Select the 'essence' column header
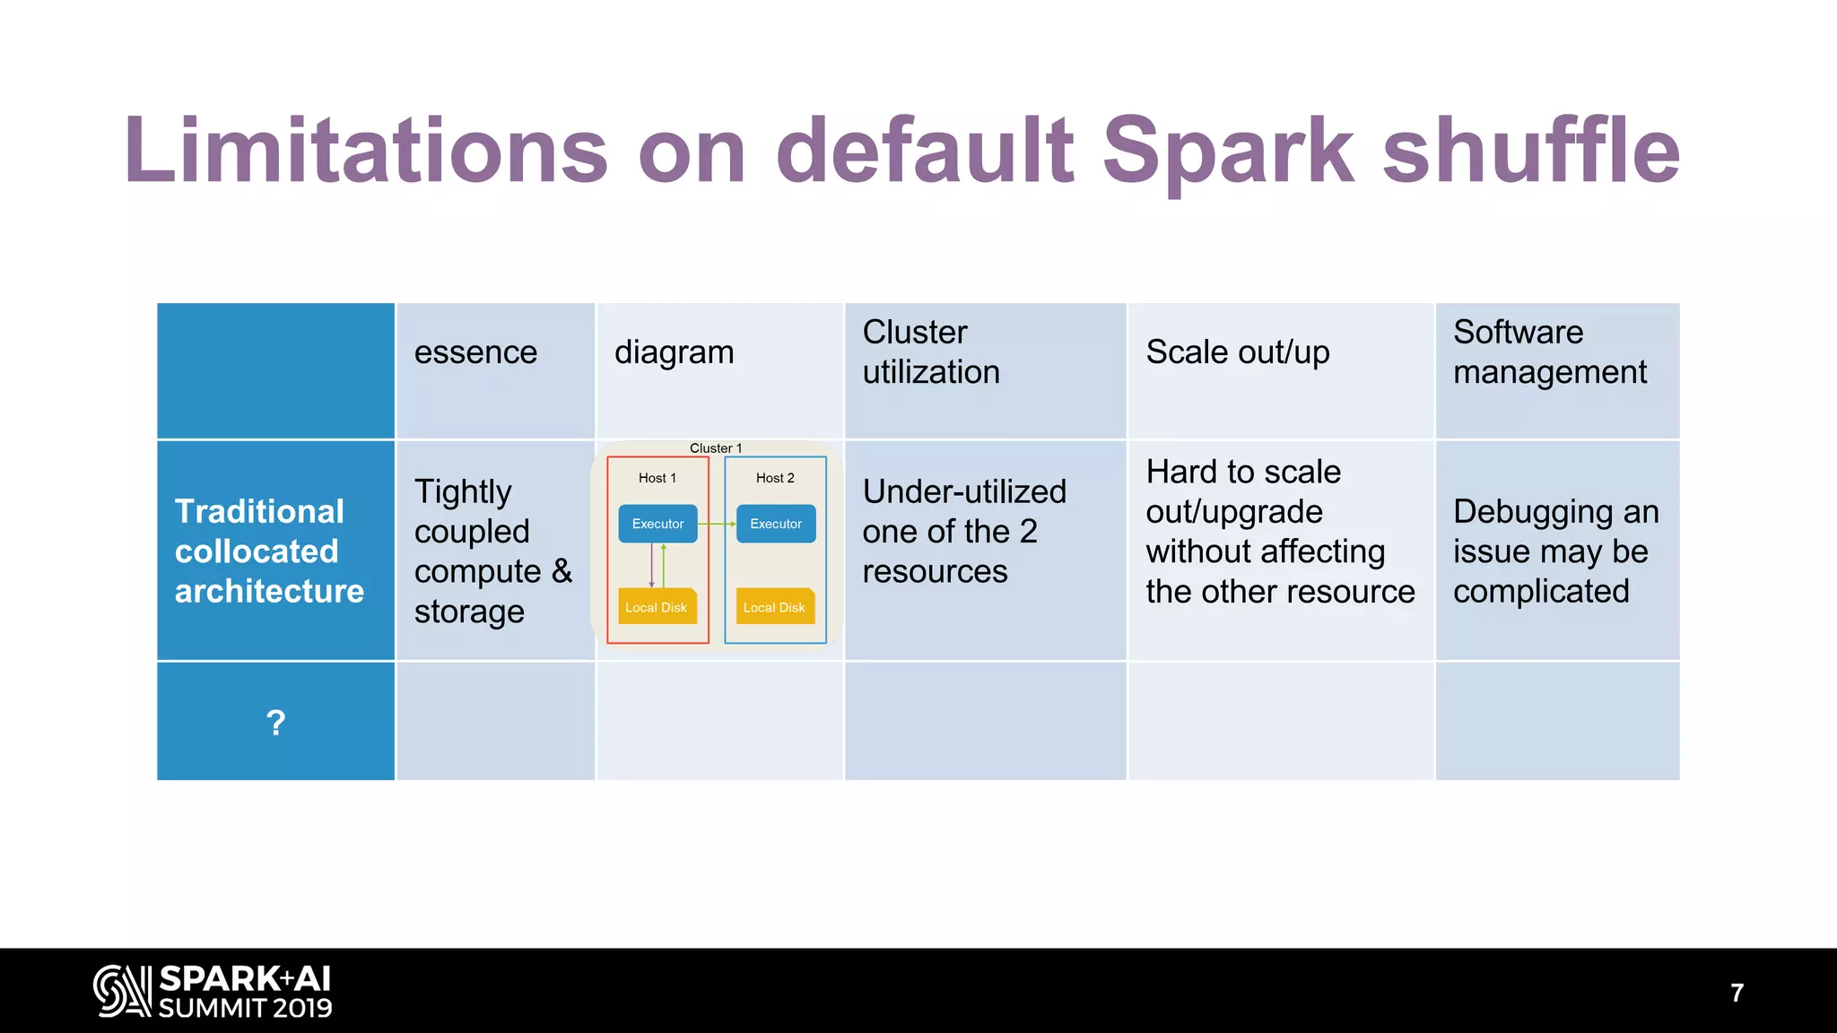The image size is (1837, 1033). tap(475, 352)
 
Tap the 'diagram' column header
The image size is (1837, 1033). tap(674, 352)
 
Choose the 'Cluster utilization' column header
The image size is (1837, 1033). tap(930, 352)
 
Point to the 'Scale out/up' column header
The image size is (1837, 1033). tap(1237, 352)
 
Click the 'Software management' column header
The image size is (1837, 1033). tap(1549, 352)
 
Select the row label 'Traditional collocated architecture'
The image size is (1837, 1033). tap(269, 551)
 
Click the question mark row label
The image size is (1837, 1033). tap(275, 723)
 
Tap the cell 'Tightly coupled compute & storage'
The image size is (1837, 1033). tap(492, 551)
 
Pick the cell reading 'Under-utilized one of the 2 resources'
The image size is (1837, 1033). tap(963, 532)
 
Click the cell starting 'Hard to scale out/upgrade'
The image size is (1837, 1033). tap(1279, 532)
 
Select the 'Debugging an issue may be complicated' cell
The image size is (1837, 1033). tap(1555, 551)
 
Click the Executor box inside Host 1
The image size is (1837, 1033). tap(657, 524)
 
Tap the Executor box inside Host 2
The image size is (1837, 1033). tap(776, 524)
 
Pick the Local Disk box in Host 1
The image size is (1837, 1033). tap(657, 607)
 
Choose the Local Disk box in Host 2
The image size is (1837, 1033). tap(774, 607)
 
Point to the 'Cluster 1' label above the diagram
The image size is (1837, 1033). tap(715, 448)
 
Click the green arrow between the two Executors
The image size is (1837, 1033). tap(717, 524)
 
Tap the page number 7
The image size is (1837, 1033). tap(1737, 993)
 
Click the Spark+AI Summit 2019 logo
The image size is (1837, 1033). tap(213, 992)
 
